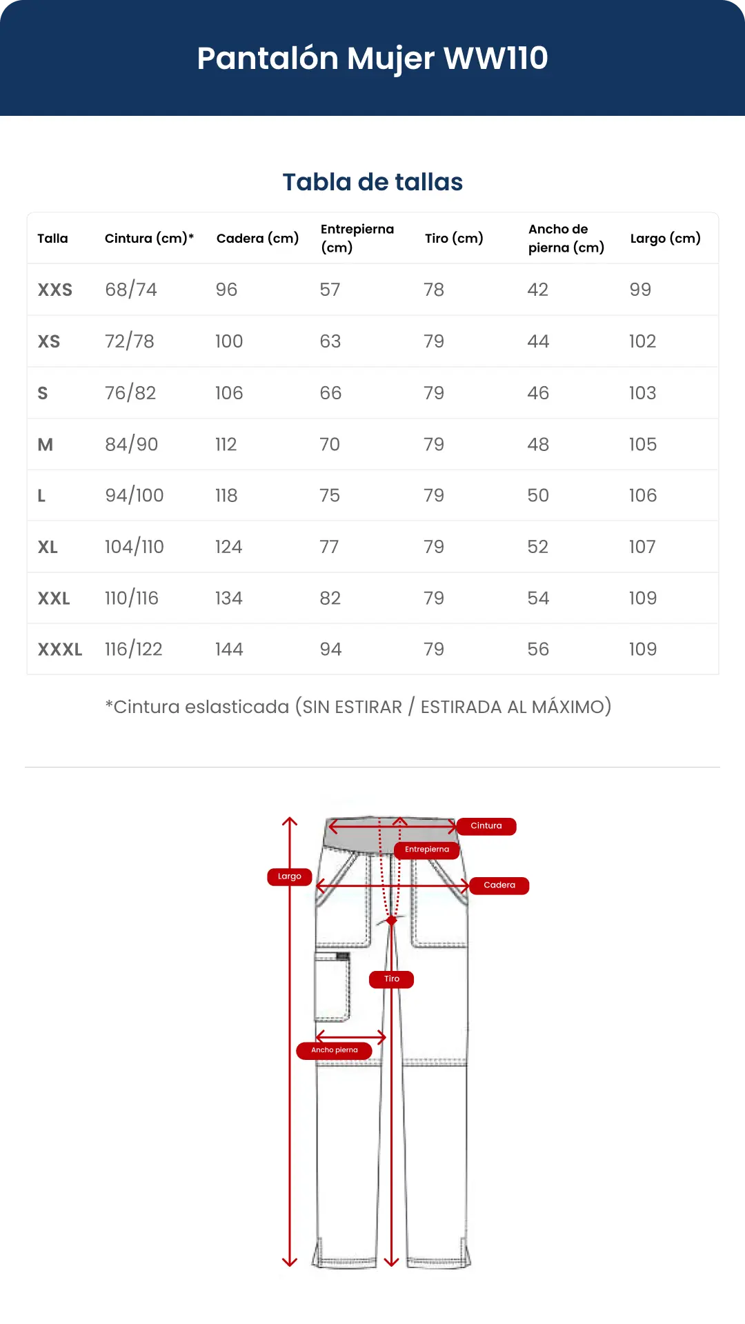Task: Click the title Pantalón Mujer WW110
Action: point(372,59)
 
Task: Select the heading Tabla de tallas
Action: point(372,182)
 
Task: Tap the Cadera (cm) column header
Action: point(257,239)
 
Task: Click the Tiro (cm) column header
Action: point(454,239)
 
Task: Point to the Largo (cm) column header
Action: point(666,239)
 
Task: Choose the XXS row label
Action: point(55,290)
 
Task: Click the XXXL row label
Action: point(60,650)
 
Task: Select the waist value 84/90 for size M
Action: point(132,445)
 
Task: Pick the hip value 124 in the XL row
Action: point(228,547)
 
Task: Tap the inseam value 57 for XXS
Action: point(330,290)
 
